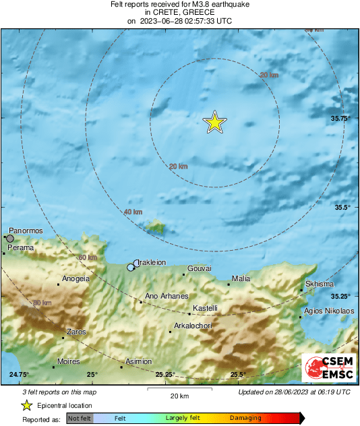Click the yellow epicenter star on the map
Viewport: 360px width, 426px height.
click(x=214, y=122)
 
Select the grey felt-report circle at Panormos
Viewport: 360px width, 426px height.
click(x=9, y=238)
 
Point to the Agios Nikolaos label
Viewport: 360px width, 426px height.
click(x=329, y=311)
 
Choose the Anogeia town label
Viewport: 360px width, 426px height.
click(x=76, y=278)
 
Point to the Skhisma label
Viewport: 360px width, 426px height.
click(x=320, y=284)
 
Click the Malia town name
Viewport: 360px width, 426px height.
click(x=241, y=278)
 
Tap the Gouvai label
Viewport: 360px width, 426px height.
click(x=200, y=268)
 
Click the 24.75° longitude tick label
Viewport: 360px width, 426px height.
click(x=20, y=374)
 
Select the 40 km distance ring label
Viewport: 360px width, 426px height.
click(x=133, y=212)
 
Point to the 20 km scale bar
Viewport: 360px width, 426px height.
click(x=179, y=390)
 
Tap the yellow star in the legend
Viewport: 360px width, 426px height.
click(x=26, y=405)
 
